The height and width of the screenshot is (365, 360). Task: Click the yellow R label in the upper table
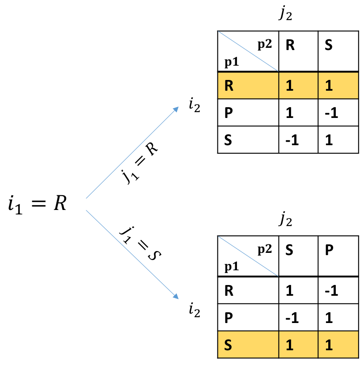pyautogui.click(x=229, y=86)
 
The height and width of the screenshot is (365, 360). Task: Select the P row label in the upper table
pyautogui.click(x=229, y=113)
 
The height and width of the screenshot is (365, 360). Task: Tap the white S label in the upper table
pyautogui.click(x=228, y=140)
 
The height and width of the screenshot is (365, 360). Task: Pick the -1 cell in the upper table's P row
pyautogui.click(x=331, y=113)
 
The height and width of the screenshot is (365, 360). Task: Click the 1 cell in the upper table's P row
pyautogui.click(x=289, y=113)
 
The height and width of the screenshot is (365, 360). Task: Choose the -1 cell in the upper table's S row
pyautogui.click(x=292, y=140)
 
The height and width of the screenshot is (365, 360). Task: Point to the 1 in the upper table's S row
pyautogui.click(x=329, y=140)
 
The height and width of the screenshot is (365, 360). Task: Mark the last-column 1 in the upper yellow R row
pyautogui.click(x=329, y=86)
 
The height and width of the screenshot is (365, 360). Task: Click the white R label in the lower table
pyautogui.click(x=229, y=291)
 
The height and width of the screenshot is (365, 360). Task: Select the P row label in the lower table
pyautogui.click(x=229, y=318)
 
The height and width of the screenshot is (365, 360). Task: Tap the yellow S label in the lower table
pyautogui.click(x=228, y=345)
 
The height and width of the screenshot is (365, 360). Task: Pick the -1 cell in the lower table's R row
pyautogui.click(x=331, y=291)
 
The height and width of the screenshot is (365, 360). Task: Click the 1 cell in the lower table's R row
pyautogui.click(x=289, y=291)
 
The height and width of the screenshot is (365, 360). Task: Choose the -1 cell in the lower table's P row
pyautogui.click(x=292, y=318)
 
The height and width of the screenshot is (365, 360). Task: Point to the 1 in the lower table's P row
pyautogui.click(x=329, y=318)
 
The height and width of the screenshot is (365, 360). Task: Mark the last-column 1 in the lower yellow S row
pyautogui.click(x=329, y=345)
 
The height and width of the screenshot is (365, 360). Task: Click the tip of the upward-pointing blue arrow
pyautogui.click(x=178, y=107)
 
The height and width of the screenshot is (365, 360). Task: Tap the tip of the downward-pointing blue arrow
pyautogui.click(x=178, y=298)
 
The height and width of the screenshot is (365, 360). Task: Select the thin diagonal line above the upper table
pyautogui.click(x=248, y=51)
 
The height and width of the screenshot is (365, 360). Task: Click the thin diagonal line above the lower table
pyautogui.click(x=248, y=256)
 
